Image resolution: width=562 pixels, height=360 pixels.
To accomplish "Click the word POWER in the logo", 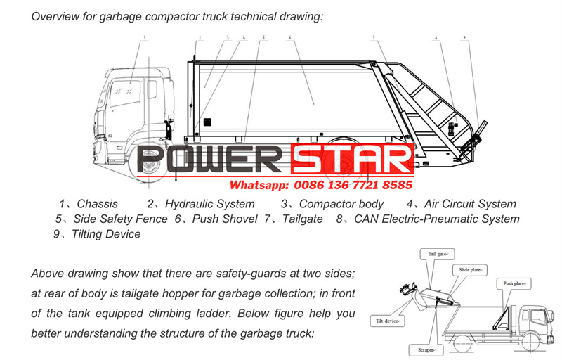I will (x=211, y=160).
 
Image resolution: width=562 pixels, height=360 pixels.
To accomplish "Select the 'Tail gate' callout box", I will (x=438, y=253).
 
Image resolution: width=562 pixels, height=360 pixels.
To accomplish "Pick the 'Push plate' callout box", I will (x=513, y=283).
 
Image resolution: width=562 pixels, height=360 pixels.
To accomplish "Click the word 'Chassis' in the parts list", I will (x=98, y=204).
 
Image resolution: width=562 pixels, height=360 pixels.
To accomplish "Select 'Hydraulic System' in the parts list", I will (x=209, y=204).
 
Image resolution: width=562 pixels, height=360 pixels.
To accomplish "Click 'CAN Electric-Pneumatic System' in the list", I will (x=436, y=219).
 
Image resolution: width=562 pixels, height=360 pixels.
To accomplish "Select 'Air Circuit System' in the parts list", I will (x=470, y=204).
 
